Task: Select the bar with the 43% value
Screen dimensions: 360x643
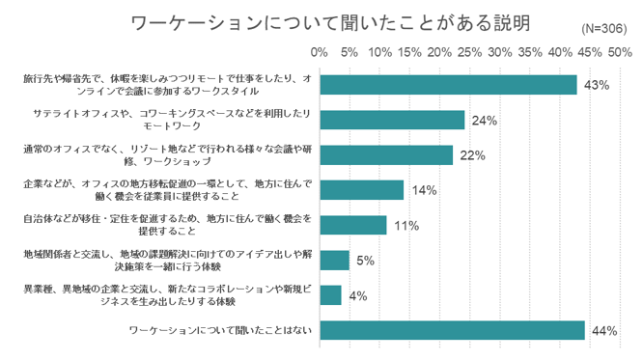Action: [x=447, y=85]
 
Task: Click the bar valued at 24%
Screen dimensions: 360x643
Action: [x=391, y=120]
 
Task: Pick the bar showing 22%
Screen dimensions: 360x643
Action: [x=385, y=154]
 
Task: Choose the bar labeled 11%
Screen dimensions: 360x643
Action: [x=352, y=225]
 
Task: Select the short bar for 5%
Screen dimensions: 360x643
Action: [x=334, y=260]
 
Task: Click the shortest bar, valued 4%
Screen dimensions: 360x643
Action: [x=330, y=294]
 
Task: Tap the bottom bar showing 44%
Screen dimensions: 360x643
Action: [x=451, y=330]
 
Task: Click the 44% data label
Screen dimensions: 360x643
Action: [x=604, y=331]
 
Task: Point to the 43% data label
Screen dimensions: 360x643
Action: [x=596, y=86]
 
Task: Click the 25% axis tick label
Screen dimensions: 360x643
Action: [x=470, y=50]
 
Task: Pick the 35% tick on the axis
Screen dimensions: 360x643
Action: [x=531, y=50]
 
